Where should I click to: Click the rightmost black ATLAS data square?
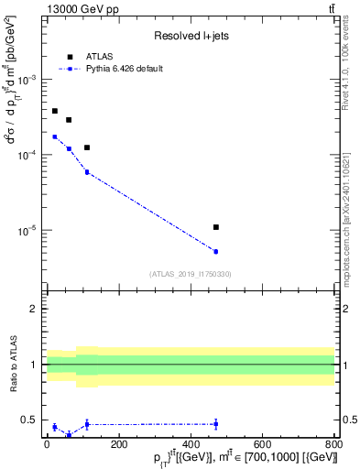(215, 227)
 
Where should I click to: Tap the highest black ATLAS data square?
(55, 111)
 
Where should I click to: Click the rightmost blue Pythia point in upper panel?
(215, 251)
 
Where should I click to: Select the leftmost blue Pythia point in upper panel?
(55, 136)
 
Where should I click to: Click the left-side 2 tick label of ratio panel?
(34, 309)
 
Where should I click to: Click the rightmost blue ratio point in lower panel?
(215, 424)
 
